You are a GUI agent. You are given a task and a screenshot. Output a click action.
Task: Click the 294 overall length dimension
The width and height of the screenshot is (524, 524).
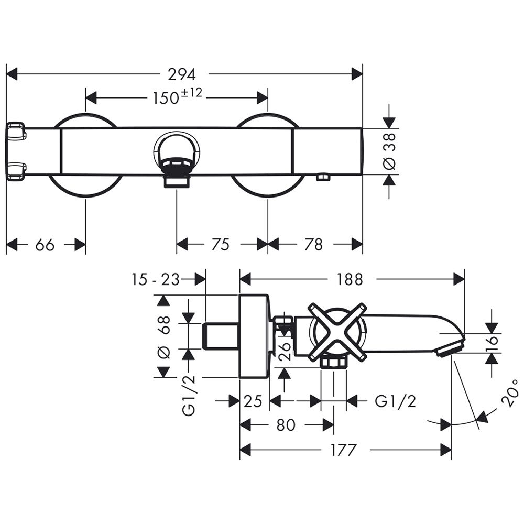pyautogui.click(x=181, y=74)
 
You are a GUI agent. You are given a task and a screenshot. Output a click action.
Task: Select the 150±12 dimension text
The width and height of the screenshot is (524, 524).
pyautogui.click(x=178, y=96)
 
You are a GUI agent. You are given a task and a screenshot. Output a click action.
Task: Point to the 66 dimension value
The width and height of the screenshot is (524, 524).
pyautogui.click(x=45, y=245)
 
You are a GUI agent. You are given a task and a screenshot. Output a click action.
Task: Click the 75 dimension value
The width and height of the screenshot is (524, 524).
pyautogui.click(x=221, y=245)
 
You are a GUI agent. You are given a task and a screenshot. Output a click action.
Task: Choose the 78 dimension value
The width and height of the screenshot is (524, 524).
pyautogui.click(x=313, y=245)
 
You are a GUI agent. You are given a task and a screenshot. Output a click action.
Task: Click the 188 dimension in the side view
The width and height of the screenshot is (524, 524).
pyautogui.click(x=350, y=279)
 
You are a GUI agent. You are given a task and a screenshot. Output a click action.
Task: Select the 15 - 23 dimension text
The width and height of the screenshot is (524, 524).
pyautogui.click(x=156, y=279)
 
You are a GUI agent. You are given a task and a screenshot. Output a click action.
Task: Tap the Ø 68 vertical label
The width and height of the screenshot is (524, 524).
pyautogui.click(x=163, y=337)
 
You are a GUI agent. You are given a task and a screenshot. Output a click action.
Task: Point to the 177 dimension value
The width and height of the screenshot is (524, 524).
pyautogui.click(x=344, y=450)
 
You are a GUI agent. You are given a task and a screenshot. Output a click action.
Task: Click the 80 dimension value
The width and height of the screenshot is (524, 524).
pyautogui.click(x=286, y=425)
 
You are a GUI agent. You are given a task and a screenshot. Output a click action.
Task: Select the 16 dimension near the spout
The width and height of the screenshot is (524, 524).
pyautogui.click(x=492, y=344)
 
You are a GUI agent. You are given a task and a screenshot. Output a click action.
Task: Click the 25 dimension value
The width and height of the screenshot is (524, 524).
pyautogui.click(x=253, y=401)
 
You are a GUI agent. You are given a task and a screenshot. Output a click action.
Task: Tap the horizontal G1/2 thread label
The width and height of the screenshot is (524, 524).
pyautogui.click(x=395, y=401)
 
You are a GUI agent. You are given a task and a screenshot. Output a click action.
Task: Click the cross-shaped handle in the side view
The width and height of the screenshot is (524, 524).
pyautogui.click(x=336, y=332)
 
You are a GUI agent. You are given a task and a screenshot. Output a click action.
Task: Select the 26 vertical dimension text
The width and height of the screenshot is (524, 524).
pyautogui.click(x=285, y=352)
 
